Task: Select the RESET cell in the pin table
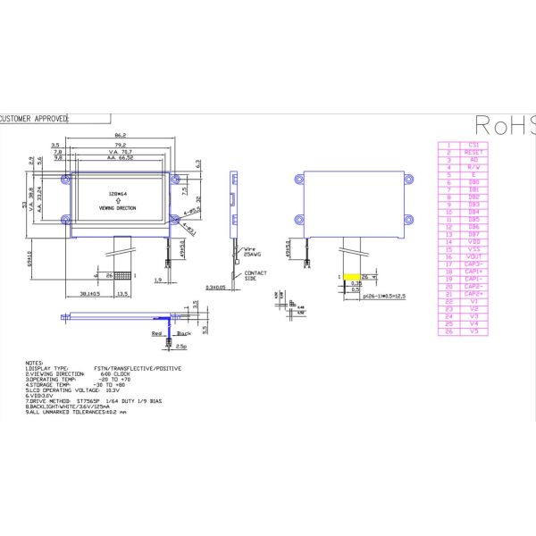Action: coord(473,152)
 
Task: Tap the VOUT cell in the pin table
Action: coord(473,256)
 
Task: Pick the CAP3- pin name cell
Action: coord(473,264)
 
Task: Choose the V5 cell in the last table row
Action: coord(473,331)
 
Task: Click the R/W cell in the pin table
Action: coord(473,167)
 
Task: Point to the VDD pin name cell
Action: coord(473,241)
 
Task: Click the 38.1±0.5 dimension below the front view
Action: coord(89,292)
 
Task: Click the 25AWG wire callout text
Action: coord(254,256)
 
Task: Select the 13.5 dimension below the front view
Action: coord(122,292)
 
